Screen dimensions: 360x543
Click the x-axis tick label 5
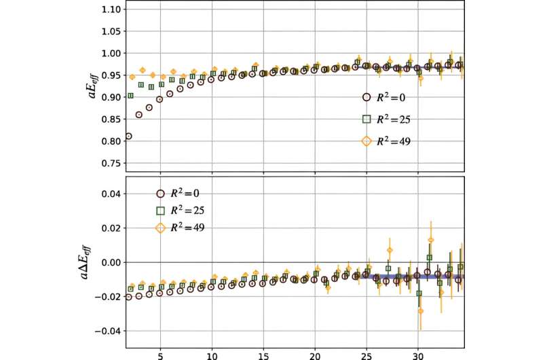click(160, 355)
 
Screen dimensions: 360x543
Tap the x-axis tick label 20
click(315, 355)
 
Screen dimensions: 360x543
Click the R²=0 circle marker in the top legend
click(367, 96)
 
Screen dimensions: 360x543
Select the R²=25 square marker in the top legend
click(367, 118)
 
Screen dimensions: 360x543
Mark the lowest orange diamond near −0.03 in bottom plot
click(421, 311)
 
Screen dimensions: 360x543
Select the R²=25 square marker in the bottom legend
click(160, 211)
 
